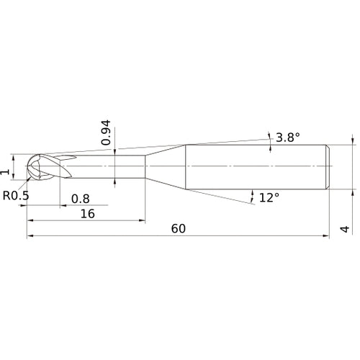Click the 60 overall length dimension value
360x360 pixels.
[x=179, y=228]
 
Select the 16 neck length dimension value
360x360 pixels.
[x=88, y=214]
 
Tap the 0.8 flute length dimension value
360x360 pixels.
[x=81, y=199]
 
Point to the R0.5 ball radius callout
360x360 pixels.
[x=16, y=195]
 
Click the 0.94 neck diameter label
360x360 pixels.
[x=106, y=132]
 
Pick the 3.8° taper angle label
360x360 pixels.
[x=288, y=138]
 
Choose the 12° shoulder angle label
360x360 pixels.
[x=269, y=198]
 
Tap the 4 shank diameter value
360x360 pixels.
[x=345, y=229]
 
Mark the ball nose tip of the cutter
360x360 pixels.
[x=27, y=166]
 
